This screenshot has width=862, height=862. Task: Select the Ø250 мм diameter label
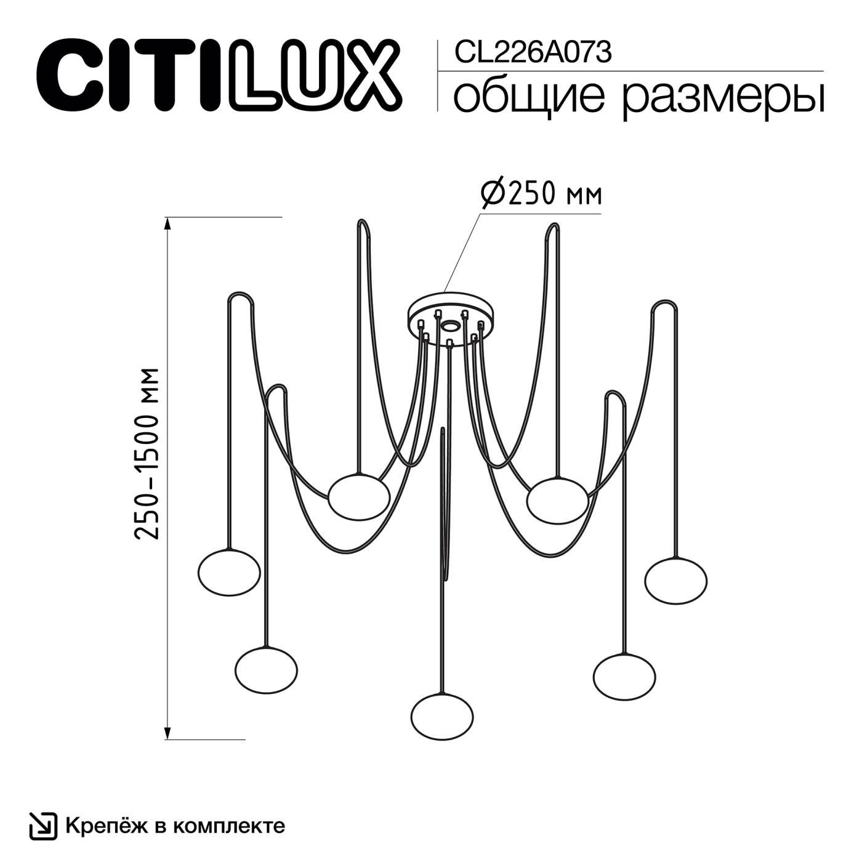[x=540, y=194]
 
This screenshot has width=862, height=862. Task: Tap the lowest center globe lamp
[x=442, y=716]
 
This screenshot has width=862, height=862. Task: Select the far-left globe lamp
[x=230, y=572]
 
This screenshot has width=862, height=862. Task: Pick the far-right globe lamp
[x=676, y=580]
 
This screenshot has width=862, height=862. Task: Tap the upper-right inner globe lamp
[x=558, y=499]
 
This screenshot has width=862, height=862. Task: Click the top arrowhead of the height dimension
[x=167, y=224]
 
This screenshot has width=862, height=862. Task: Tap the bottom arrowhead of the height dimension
[x=167, y=731]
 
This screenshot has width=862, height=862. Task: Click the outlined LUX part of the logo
[x=318, y=73]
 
